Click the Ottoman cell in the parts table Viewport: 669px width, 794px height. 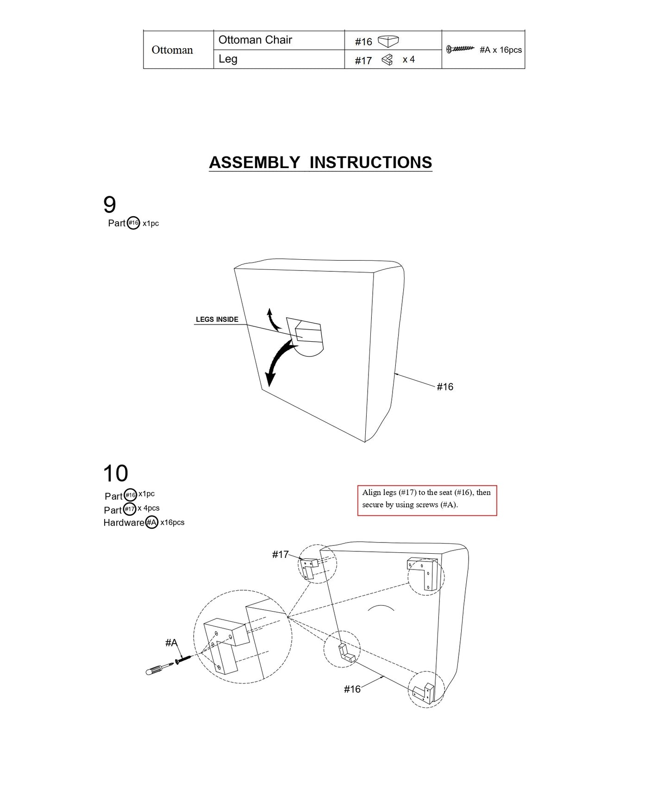click(x=172, y=50)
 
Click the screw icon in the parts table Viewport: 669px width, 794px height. click(x=460, y=49)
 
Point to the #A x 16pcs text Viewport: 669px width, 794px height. click(x=500, y=50)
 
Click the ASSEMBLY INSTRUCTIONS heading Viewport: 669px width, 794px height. click(x=320, y=163)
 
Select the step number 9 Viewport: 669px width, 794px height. click(x=110, y=205)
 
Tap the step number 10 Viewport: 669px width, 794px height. click(x=115, y=474)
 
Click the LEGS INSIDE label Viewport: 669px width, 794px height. click(x=217, y=319)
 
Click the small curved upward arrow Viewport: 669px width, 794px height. click(x=272, y=319)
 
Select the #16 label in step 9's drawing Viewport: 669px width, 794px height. click(x=445, y=387)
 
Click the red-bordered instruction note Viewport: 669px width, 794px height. click(x=427, y=500)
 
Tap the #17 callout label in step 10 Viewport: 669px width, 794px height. click(x=280, y=554)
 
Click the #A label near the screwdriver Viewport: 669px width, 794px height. click(x=171, y=643)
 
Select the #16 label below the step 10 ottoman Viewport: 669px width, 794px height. click(x=352, y=689)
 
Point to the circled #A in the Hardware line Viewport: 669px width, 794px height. click(x=152, y=523)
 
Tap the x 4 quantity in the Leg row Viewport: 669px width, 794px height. click(x=409, y=59)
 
